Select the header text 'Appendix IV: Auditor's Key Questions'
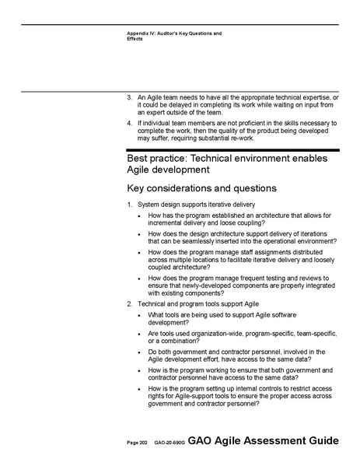173,33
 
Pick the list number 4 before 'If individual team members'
129,123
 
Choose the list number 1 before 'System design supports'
129,205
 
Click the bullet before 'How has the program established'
138,215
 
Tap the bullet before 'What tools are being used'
138,315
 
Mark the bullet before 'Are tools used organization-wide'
138,334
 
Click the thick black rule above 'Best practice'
233,149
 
